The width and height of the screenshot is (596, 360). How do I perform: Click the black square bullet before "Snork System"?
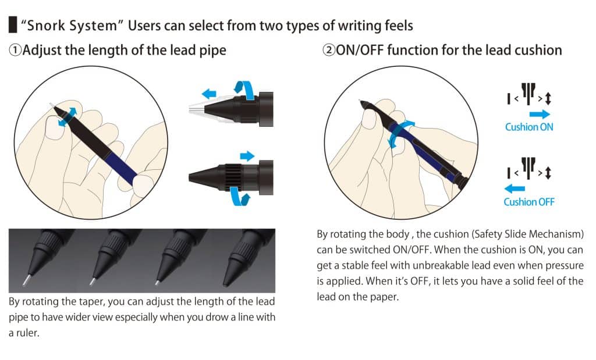(x=13, y=24)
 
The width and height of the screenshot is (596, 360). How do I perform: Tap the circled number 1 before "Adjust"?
(x=15, y=50)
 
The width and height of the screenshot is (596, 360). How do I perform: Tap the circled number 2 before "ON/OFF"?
(x=329, y=50)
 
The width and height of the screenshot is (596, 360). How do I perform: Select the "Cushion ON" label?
(x=529, y=127)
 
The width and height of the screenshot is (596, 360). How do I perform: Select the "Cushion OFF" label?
(x=529, y=202)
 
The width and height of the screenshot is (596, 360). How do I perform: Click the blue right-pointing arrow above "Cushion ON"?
(x=540, y=114)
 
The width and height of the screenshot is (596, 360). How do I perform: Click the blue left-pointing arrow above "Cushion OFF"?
(x=515, y=188)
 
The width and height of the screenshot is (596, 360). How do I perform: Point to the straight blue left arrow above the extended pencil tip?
(x=209, y=94)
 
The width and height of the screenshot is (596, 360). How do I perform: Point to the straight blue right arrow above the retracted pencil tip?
(x=247, y=156)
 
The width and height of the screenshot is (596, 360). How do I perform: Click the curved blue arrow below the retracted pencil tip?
(x=240, y=196)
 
